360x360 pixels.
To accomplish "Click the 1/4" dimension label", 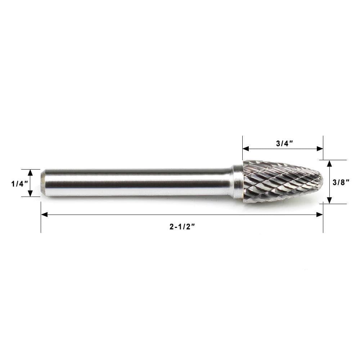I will click(19, 184).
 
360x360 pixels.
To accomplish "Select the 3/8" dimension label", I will click(341, 182).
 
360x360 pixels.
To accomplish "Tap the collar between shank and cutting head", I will click(238, 182).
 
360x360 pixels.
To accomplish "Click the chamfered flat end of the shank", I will click(43, 183).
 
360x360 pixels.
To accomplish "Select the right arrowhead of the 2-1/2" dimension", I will click(319, 215).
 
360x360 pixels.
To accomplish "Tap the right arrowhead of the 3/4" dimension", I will click(320, 149).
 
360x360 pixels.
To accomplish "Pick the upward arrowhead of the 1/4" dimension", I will click(30, 172).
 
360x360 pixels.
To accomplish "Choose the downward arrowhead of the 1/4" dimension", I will click(30, 193).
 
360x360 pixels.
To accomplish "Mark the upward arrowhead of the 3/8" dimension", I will click(329, 163).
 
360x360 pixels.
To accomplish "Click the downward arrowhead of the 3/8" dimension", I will click(329, 201).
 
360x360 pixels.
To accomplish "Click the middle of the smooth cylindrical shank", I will click(137, 183).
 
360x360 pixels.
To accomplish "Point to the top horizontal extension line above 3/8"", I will click(335, 160).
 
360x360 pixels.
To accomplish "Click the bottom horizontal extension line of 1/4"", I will click(30, 197).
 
